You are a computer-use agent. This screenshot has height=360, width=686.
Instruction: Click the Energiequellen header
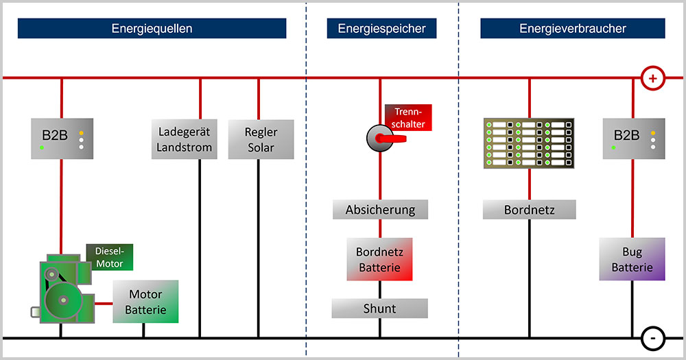pyautogui.click(x=152, y=29)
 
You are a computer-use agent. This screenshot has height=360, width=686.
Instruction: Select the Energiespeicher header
pyautogui.click(x=381, y=29)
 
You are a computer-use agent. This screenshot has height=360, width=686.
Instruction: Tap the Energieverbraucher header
pyautogui.click(x=572, y=29)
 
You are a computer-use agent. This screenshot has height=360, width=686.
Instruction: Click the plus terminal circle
pyautogui.click(x=652, y=78)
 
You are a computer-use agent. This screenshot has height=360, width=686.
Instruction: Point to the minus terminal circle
pyautogui.click(x=652, y=338)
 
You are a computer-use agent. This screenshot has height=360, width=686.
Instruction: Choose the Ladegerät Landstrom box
pyautogui.click(x=185, y=140)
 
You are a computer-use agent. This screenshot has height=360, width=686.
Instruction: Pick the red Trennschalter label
pyautogui.click(x=409, y=117)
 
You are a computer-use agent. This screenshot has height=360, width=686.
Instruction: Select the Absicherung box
pyautogui.click(x=380, y=209)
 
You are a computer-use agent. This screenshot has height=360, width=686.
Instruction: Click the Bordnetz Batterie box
pyautogui.click(x=379, y=259)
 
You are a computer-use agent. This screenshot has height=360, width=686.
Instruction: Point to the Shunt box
pyautogui.click(x=379, y=309)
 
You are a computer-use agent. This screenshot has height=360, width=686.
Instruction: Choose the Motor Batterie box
pyautogui.click(x=145, y=302)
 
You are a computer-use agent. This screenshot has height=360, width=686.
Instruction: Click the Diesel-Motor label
pyautogui.click(x=110, y=256)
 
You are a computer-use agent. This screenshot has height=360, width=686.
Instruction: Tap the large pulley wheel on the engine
pyautogui.click(x=63, y=300)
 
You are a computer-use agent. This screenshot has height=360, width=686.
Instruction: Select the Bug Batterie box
pyautogui.click(x=632, y=259)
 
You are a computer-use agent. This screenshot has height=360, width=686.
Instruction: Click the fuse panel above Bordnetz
pyautogui.click(x=529, y=144)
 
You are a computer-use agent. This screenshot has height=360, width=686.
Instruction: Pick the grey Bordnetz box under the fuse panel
pyautogui.click(x=529, y=209)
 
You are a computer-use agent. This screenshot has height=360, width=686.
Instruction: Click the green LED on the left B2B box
pyautogui.click(x=42, y=147)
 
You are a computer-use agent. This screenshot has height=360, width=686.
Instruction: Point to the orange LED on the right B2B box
pyautogui.click(x=653, y=132)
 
